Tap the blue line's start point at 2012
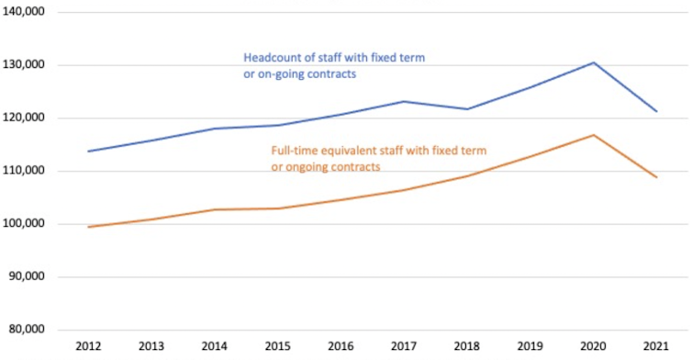(89, 152)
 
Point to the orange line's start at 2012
(89, 227)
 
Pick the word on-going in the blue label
(275, 73)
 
